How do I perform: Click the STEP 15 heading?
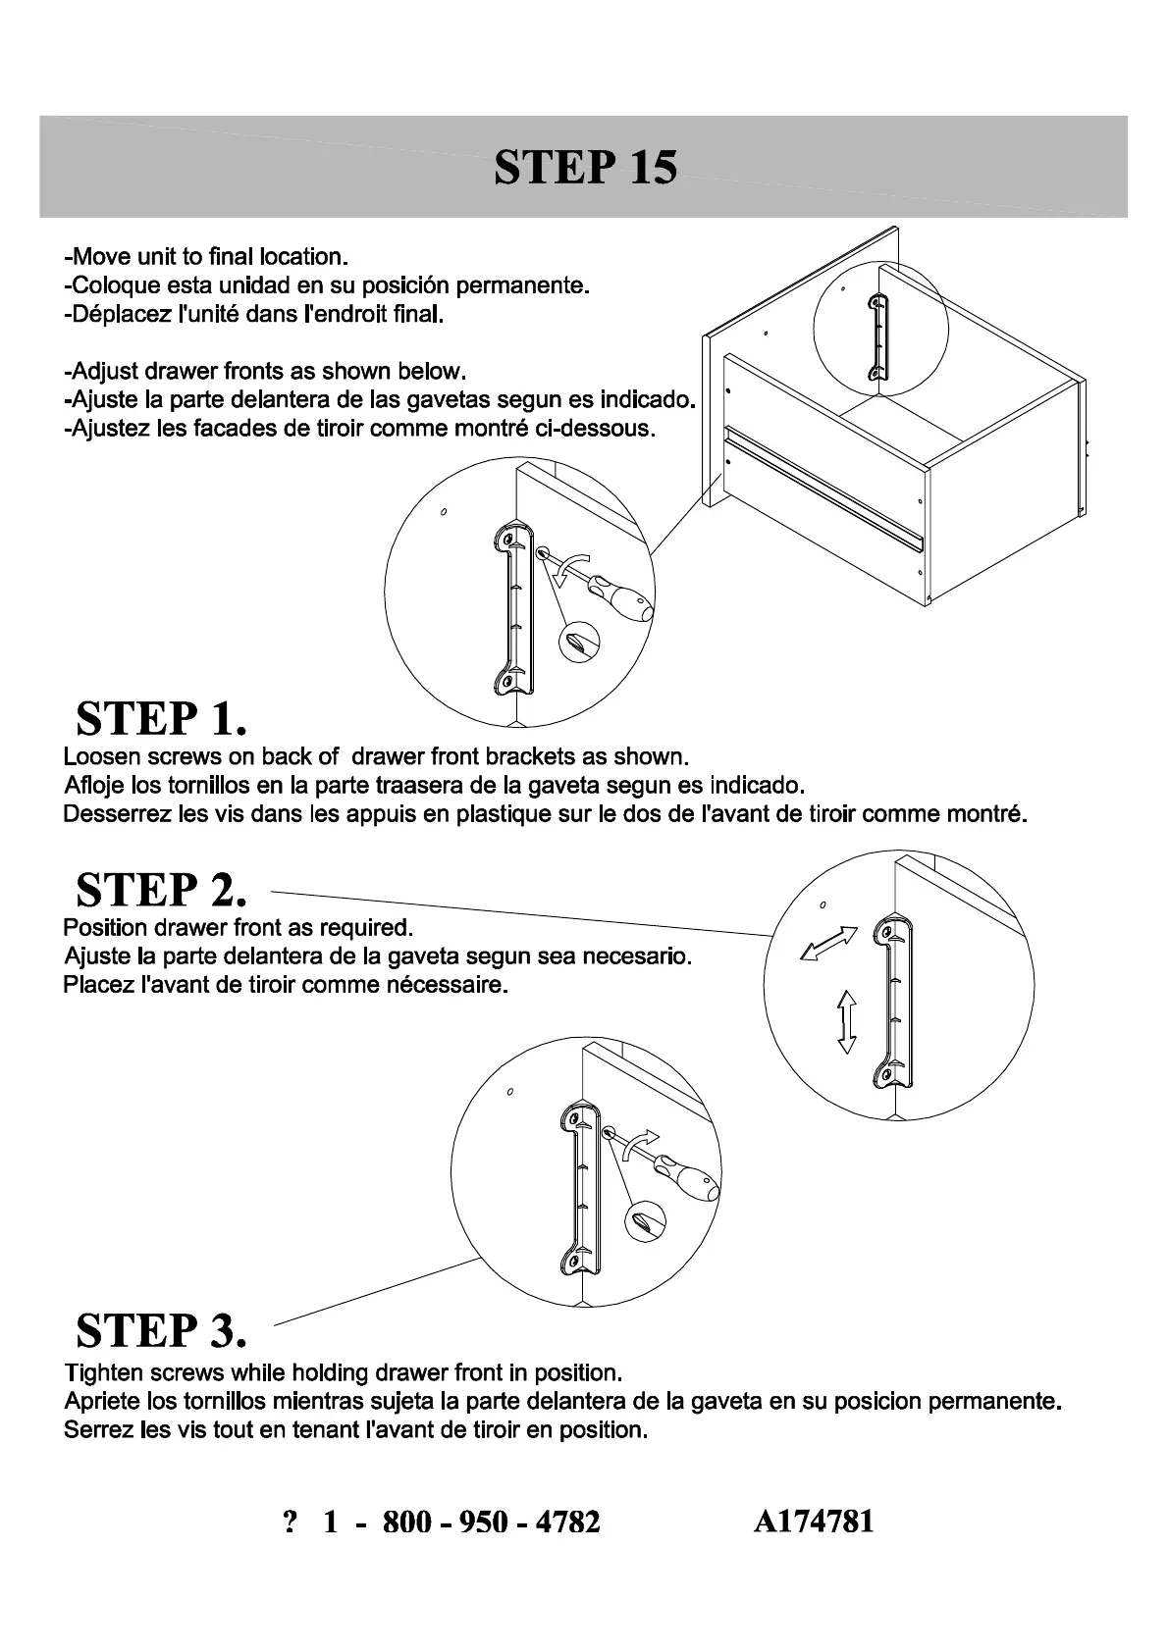585,167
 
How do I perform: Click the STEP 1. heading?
161,719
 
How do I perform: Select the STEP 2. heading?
161,890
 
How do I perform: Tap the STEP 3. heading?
161,1330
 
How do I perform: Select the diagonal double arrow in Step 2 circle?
828,944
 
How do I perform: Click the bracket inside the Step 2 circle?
891,1002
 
